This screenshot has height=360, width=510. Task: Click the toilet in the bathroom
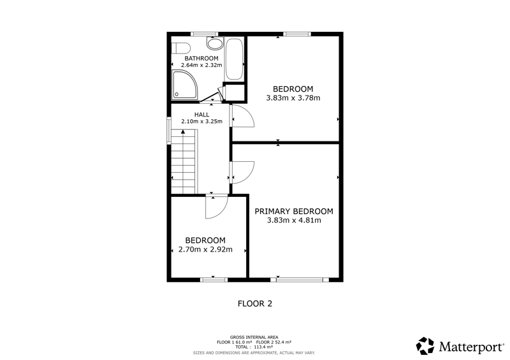coord(181,48)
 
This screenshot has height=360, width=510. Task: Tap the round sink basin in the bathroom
coord(215,43)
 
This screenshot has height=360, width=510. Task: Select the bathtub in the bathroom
coord(234,59)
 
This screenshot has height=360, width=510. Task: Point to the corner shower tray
coord(184,85)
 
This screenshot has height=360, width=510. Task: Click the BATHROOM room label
coord(201,59)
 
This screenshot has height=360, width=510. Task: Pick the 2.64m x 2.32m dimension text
coord(201,65)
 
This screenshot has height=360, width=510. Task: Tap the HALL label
coord(201,115)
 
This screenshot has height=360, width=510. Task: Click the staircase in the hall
coord(184,162)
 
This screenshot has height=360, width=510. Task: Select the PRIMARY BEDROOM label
coord(294,212)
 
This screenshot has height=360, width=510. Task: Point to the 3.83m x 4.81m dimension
coord(294,220)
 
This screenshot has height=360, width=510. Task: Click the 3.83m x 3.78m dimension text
coord(293,98)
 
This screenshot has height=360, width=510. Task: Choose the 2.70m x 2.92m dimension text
coord(205,250)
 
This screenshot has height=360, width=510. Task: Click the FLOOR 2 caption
coord(255,304)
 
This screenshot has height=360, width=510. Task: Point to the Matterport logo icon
coord(425,346)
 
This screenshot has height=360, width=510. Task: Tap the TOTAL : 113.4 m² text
coord(254,347)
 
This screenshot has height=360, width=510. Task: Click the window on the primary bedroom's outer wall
coord(300,279)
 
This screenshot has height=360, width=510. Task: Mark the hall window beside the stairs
coord(169,131)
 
